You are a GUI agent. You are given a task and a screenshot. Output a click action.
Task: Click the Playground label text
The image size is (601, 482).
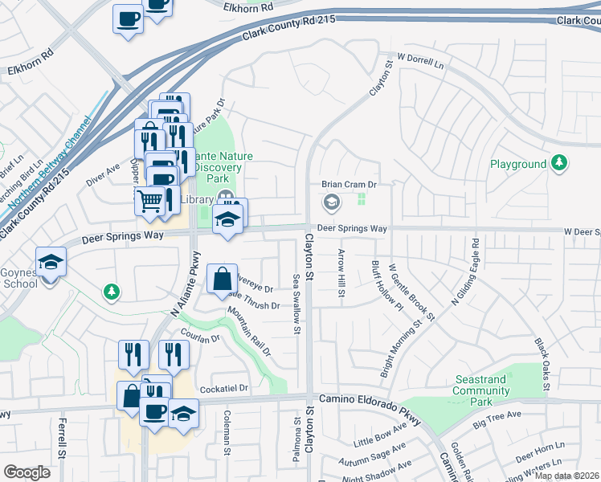(518, 164)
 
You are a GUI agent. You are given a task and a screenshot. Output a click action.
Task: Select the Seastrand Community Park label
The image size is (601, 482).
(480, 385)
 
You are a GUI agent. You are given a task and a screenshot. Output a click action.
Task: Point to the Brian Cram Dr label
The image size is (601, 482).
(350, 184)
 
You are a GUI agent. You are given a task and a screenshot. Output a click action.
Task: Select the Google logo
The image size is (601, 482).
(27, 472)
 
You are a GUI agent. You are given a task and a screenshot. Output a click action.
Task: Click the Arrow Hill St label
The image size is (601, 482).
(341, 276)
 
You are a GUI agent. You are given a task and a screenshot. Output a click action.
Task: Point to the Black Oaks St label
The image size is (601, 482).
(542, 364)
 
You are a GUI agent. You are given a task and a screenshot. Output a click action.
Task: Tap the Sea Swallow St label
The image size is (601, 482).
(296, 304)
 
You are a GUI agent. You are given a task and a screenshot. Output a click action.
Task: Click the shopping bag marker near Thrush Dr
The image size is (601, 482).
(222, 279)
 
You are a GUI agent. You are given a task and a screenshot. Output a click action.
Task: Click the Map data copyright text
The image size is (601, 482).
(567, 476)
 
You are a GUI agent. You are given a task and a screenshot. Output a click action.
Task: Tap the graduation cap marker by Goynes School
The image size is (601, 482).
(51, 262)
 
